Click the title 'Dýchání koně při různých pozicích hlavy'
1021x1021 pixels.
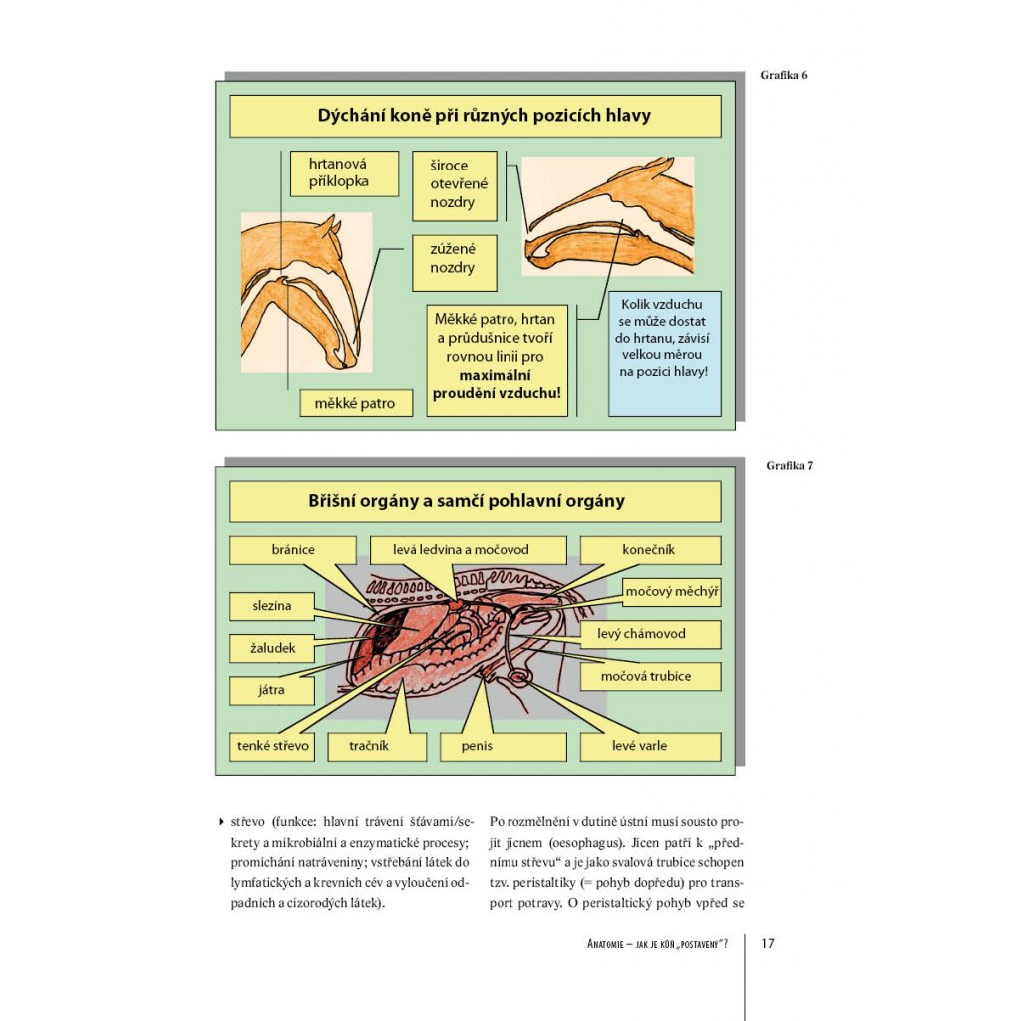[475, 116]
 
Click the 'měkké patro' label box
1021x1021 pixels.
[354, 404]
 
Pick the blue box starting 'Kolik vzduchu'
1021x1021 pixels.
[664, 353]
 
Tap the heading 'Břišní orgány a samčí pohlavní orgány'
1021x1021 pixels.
[475, 501]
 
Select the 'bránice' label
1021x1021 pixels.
[292, 550]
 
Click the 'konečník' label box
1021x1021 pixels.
[650, 550]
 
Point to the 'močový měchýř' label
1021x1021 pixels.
[671, 592]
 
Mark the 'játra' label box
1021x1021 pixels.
[271, 690]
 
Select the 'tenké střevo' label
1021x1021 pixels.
[273, 746]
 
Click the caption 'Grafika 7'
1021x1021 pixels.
[790, 465]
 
